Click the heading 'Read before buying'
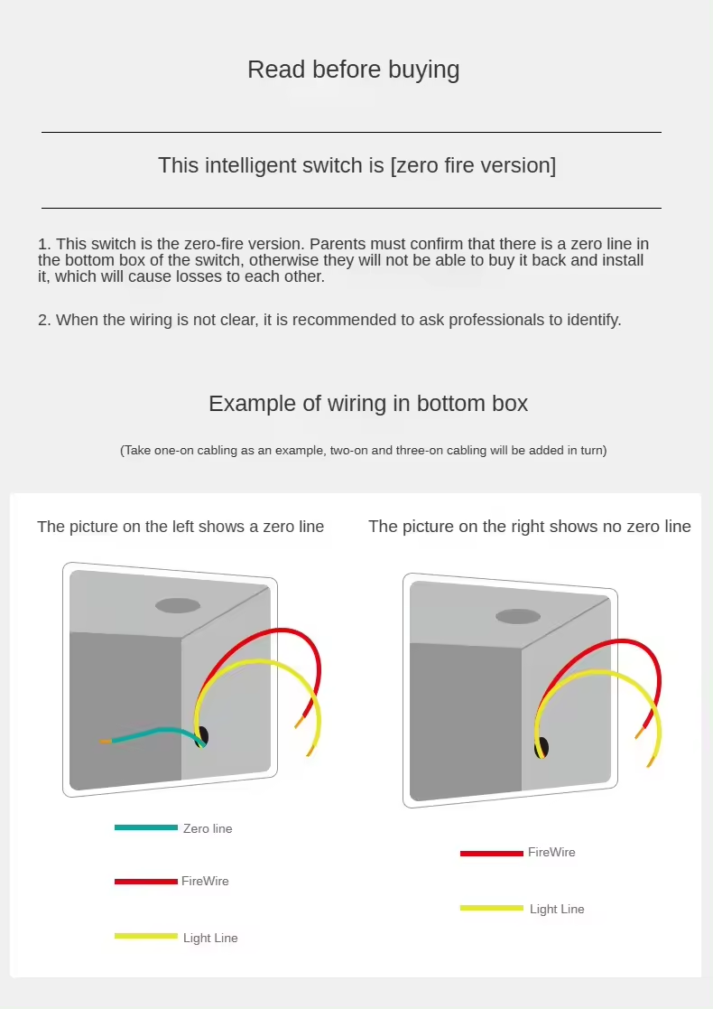[x=354, y=70]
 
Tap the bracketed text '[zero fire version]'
[x=473, y=165]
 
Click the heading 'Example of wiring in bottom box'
[x=368, y=404]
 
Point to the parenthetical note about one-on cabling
[x=363, y=451]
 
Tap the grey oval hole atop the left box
[x=178, y=605]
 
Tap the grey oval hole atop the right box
[x=517, y=616]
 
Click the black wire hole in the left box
[x=203, y=736]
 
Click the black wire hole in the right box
[x=542, y=748]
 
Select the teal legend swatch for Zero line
[x=146, y=827]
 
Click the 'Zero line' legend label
[x=208, y=829]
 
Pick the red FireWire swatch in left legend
[x=146, y=882]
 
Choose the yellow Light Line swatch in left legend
[x=146, y=937]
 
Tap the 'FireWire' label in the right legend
[x=551, y=852]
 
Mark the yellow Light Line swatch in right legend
[x=492, y=908]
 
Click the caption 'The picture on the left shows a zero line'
[x=181, y=527]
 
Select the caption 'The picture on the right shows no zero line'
[x=530, y=527]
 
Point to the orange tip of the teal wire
[x=106, y=742]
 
